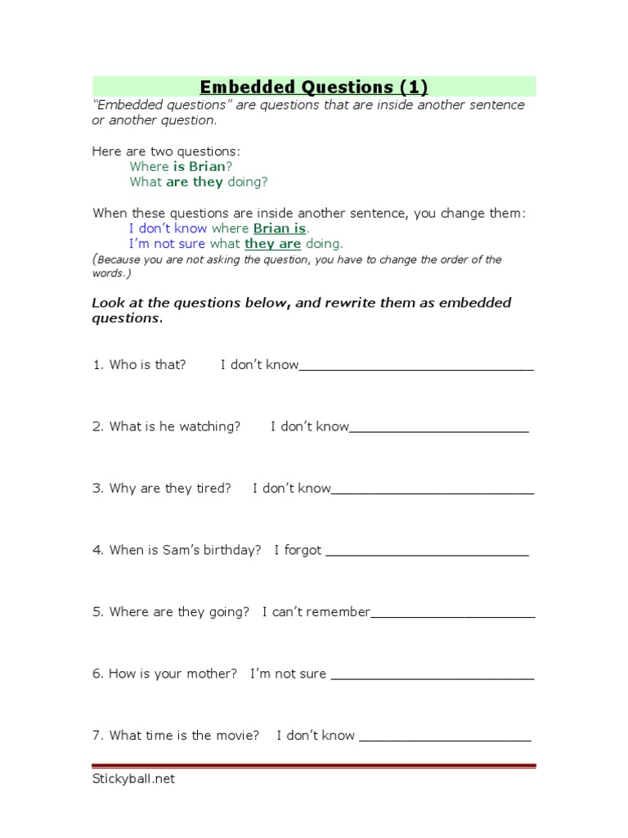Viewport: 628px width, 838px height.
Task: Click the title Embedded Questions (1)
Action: [x=314, y=87]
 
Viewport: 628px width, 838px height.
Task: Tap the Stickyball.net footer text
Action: [x=133, y=779]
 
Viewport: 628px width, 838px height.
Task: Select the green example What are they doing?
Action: [x=199, y=182]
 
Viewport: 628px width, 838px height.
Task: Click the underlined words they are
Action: [x=272, y=244]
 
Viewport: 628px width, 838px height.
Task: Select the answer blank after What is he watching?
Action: [x=439, y=429]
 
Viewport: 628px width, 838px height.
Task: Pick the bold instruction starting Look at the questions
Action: [x=301, y=310]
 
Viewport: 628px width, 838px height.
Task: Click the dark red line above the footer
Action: [x=314, y=766]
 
